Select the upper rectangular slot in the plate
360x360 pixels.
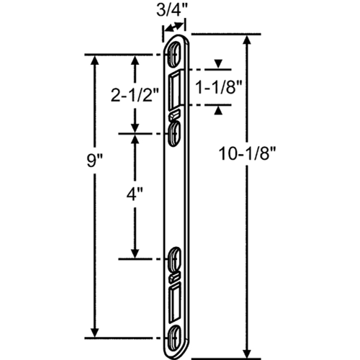[x=175, y=90]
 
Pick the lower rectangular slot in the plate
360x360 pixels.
[x=175, y=302]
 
